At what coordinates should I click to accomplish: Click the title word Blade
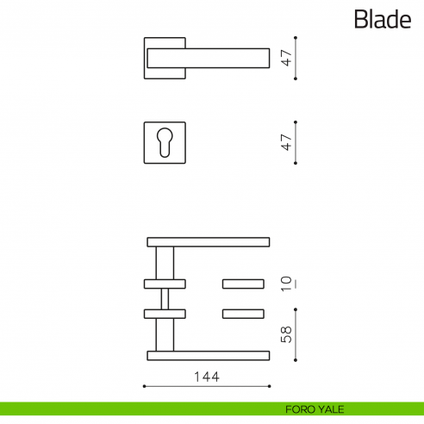tap(382, 19)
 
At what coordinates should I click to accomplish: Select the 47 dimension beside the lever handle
tap(287, 59)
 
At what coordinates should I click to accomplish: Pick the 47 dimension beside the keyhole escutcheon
tap(287, 142)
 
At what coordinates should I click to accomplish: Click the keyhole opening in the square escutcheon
tap(164, 143)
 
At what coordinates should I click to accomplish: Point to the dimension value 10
tap(287, 284)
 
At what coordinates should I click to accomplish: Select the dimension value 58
tap(287, 334)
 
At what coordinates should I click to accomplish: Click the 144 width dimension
tap(207, 377)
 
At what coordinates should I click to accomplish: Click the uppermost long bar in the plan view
tap(209, 241)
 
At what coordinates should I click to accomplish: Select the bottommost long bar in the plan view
tap(209, 355)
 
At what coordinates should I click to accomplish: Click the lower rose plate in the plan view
tap(165, 313)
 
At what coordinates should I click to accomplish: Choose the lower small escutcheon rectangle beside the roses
tap(245, 313)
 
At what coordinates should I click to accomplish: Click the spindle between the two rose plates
tap(165, 297)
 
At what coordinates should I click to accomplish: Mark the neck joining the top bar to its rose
tap(165, 262)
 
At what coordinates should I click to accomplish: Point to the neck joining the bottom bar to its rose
tap(165, 334)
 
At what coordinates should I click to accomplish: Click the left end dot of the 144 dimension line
tap(144, 385)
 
